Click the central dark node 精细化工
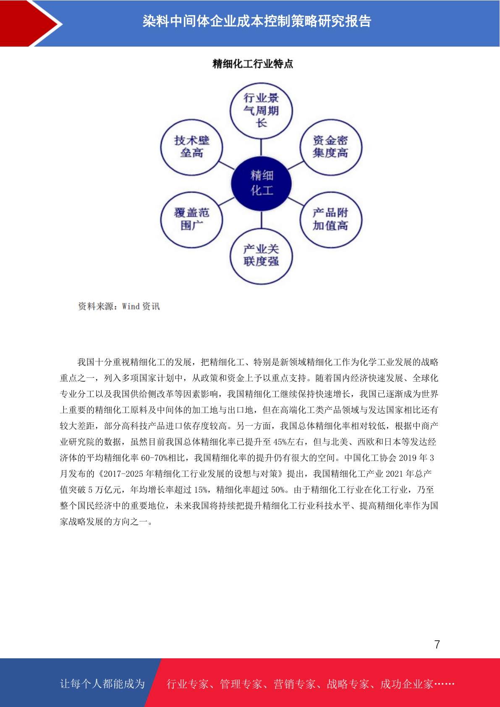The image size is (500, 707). pos(261,183)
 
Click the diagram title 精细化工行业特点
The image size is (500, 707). pos(253,64)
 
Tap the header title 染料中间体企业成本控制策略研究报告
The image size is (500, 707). pos(257,21)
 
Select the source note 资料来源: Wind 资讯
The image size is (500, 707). pos(119,306)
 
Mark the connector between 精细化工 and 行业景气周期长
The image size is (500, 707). pos(261,147)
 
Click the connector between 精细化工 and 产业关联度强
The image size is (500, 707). pos(262,220)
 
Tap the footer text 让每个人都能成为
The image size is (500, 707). pos(102,683)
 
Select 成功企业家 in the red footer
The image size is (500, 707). pos(406,684)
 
